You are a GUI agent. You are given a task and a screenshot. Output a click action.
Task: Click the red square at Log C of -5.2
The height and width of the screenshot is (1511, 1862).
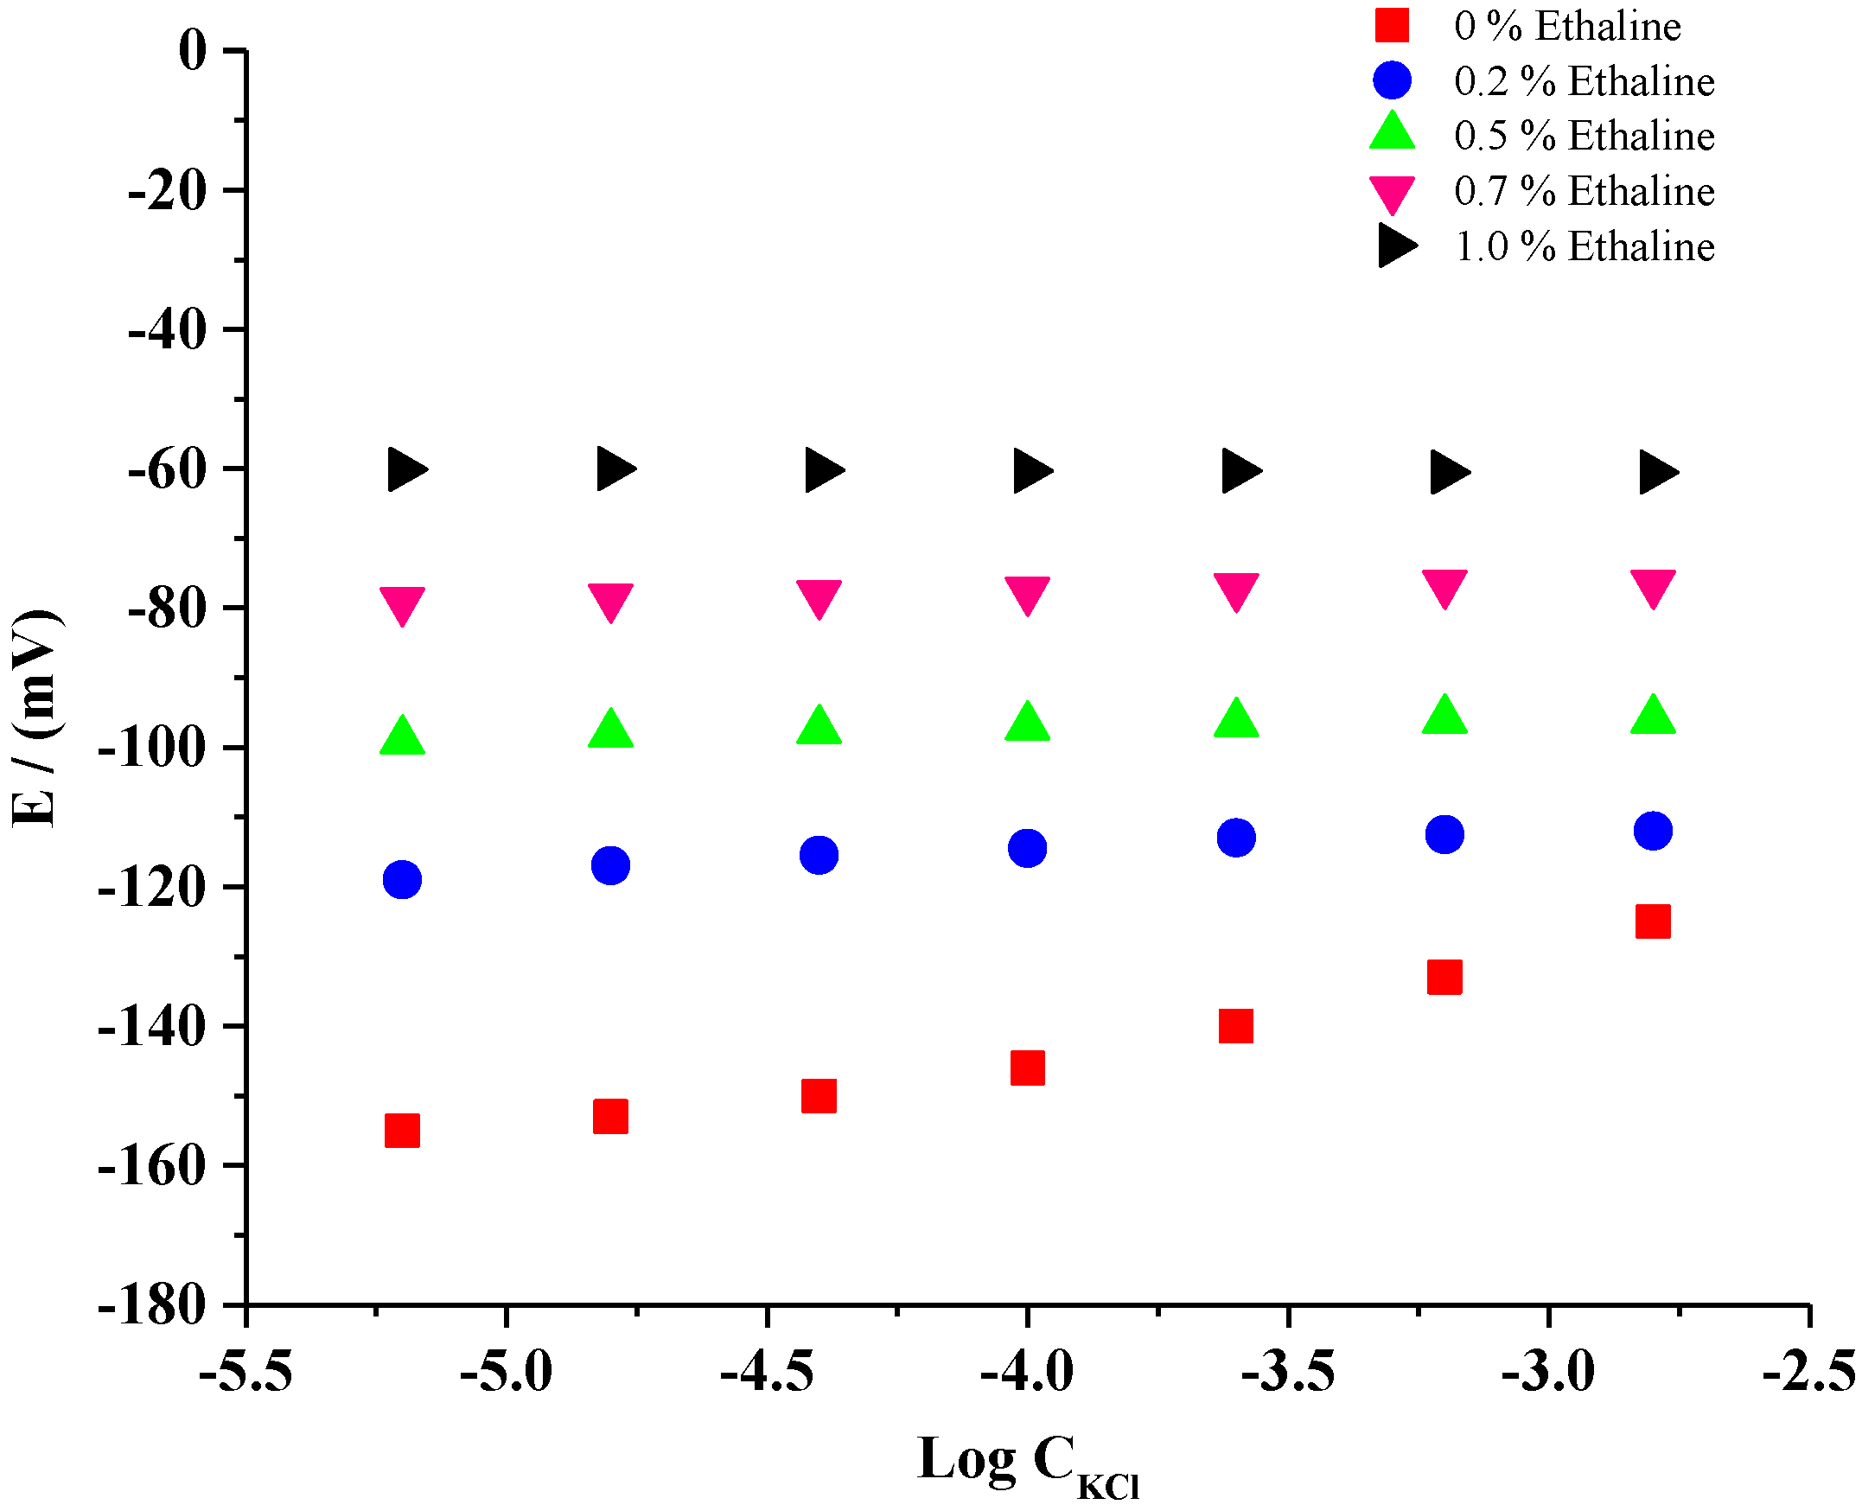pos(402,1131)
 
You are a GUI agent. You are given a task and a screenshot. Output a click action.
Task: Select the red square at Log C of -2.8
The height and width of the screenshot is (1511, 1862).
pos(1653,921)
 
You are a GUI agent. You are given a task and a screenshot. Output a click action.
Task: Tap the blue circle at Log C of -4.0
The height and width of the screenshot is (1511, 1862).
pos(1027,848)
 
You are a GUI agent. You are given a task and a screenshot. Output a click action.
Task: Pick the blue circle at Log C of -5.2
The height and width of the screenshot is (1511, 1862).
pos(402,879)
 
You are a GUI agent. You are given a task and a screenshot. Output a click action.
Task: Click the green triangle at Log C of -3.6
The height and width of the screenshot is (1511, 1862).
pos(1236,720)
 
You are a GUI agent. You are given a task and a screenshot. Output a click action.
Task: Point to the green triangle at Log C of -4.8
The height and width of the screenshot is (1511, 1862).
pos(610,730)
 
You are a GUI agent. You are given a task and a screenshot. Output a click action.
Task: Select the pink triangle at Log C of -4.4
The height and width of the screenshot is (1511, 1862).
pos(819,597)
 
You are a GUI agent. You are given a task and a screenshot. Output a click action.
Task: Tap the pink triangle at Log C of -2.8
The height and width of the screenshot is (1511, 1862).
pos(1653,588)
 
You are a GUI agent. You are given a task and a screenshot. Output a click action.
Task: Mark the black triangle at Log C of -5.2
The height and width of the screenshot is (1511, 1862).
pos(405,470)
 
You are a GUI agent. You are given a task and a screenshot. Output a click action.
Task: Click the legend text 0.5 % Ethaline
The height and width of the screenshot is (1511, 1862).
pos(1584,137)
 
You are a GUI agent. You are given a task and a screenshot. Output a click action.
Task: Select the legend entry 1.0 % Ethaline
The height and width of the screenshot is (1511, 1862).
pos(1584,247)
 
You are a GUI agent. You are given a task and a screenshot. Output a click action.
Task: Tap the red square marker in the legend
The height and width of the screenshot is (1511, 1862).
pos(1392,25)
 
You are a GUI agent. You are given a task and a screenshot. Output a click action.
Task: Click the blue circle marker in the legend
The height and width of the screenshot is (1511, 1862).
pos(1392,80)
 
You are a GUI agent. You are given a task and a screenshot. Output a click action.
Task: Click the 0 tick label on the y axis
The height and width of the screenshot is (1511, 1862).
pos(193,50)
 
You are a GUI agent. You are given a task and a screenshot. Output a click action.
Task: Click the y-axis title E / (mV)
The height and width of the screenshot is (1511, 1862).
pos(35,719)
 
